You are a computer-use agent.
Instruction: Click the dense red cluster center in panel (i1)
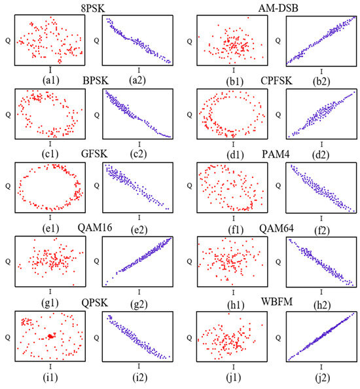pos(50,337)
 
